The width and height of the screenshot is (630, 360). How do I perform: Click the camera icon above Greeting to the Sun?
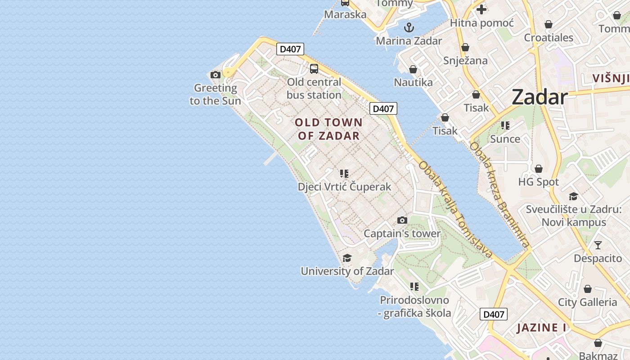[216, 75]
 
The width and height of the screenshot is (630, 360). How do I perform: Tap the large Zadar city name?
[540, 97]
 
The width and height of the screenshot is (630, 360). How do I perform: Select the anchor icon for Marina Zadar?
[409, 27]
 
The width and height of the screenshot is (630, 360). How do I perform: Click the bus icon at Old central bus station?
[314, 69]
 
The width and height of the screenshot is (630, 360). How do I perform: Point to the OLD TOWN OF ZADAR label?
[328, 129]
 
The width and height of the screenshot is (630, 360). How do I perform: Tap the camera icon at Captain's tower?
[402, 220]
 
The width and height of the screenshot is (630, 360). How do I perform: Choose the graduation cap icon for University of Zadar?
[347, 258]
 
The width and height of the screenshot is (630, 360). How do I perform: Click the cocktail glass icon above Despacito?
[598, 245]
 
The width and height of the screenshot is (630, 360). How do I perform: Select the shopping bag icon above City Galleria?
[587, 289]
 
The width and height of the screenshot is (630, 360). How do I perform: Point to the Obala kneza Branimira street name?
[499, 195]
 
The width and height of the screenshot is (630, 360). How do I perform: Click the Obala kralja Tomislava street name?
[455, 210]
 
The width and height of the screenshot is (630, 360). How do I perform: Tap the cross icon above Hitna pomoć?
[481, 9]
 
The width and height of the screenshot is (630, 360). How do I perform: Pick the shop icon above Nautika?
[413, 69]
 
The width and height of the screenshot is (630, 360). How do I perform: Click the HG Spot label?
[538, 182]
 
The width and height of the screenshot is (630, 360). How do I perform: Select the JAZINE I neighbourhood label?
[541, 328]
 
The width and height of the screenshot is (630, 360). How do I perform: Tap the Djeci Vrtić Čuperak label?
[344, 186]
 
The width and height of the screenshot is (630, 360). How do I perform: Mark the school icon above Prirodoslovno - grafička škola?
[414, 287]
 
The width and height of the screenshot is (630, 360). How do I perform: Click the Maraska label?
[345, 14]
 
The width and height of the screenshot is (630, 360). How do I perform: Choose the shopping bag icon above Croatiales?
[548, 24]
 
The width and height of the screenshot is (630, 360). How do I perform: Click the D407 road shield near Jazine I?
[493, 314]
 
